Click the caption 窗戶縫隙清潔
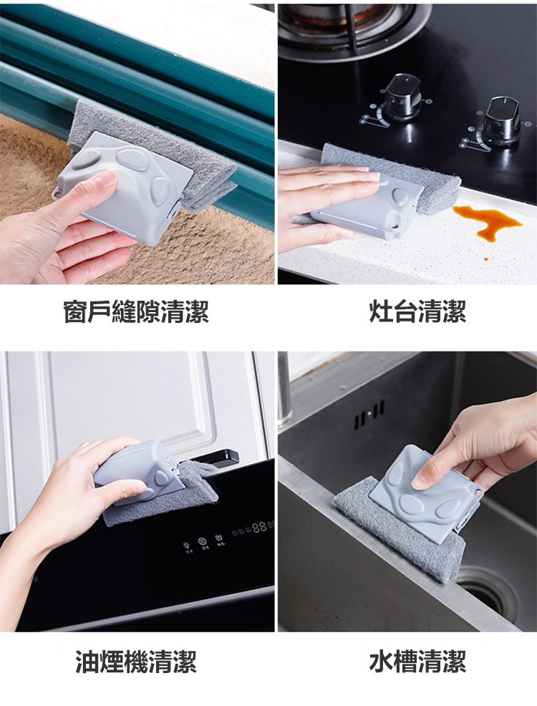(136, 311)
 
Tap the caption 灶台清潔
(417, 311)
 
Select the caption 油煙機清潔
(136, 662)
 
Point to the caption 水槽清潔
(417, 662)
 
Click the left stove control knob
(402, 97)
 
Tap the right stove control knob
(503, 121)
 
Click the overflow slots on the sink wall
(369, 415)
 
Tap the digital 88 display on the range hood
(260, 527)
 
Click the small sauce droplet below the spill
(485, 259)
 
